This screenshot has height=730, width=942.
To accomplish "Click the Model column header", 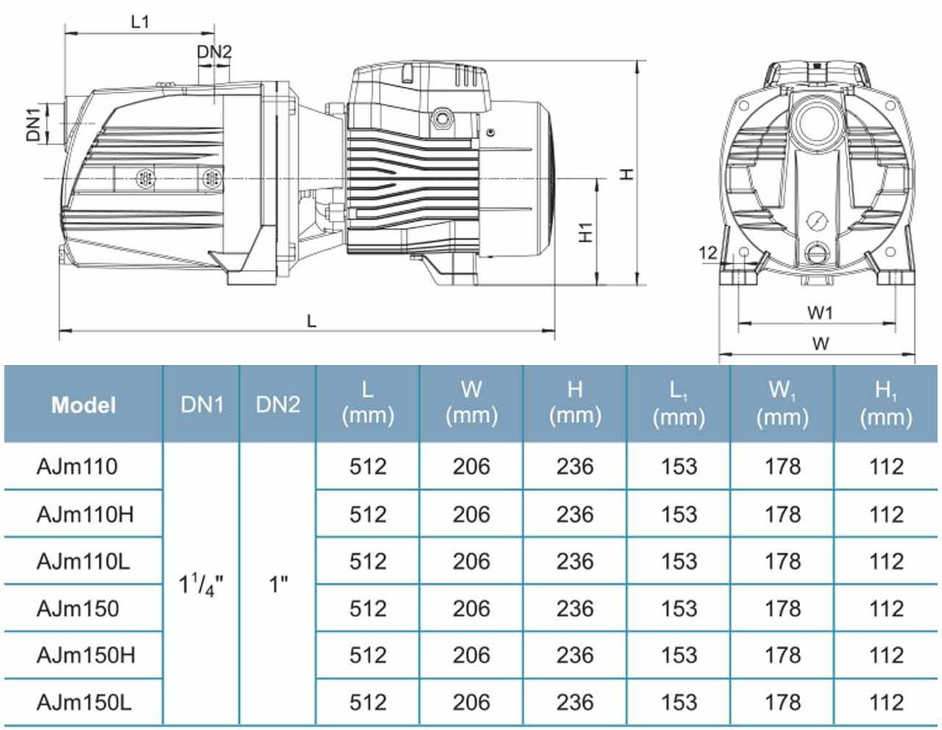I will tap(83, 404).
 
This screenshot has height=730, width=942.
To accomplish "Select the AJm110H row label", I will tap(85, 514).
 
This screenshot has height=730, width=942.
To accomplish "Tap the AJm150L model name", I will tap(85, 702).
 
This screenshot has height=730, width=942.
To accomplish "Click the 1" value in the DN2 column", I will tap(277, 585).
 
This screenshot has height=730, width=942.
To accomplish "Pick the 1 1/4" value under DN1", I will tap(201, 585).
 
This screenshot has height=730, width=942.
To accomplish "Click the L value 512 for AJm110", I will tap(367, 467).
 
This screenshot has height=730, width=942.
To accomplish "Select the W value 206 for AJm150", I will tap(471, 609).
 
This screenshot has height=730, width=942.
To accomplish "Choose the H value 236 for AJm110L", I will tap(575, 561).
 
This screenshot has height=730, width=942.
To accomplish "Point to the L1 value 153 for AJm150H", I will tap(679, 655).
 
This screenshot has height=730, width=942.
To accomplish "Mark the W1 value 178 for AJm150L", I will tap(782, 702).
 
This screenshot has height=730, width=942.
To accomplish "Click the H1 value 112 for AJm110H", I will tap(885, 514).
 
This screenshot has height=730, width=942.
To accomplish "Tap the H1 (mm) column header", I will tap(885, 404).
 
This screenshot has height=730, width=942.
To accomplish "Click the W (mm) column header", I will tap(471, 404).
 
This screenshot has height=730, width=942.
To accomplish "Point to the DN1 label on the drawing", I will tap(34, 124).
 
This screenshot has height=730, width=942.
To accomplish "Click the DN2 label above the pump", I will tap(214, 52).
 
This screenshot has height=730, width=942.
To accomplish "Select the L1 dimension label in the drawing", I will tap(140, 21).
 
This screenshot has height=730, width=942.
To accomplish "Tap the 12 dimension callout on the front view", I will tap(707, 252).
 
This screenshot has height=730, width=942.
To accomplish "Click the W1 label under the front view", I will tap(819, 313).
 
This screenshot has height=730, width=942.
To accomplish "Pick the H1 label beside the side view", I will tap(586, 232).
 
